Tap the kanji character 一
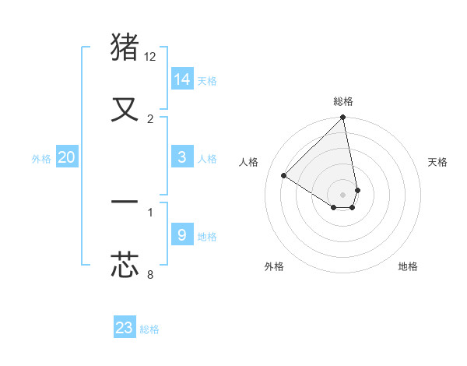(x=125, y=203)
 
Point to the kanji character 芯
(x=125, y=264)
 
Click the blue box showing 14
(x=182, y=79)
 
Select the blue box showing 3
(x=182, y=157)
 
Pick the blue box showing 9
(x=182, y=234)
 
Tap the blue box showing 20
(x=67, y=157)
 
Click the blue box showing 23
(x=125, y=328)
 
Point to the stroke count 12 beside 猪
(x=150, y=57)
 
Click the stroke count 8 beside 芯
(x=150, y=274)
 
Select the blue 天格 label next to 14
(x=207, y=81)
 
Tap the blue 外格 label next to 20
(x=41, y=159)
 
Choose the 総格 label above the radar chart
(x=343, y=101)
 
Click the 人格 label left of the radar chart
(x=249, y=162)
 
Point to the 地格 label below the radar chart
(x=408, y=266)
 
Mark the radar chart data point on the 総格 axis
(x=343, y=118)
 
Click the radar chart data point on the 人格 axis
(x=284, y=175)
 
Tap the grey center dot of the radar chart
(x=343, y=194)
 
